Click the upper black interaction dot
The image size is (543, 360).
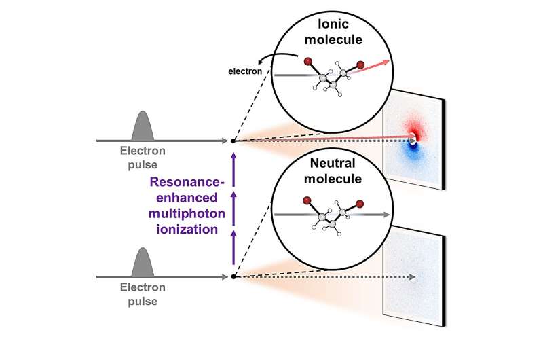[233, 141]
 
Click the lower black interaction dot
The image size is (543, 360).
[233, 276]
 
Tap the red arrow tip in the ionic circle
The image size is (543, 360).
[389, 62]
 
